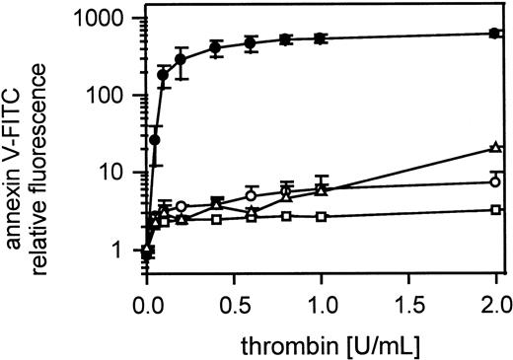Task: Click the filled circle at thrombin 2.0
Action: (494, 34)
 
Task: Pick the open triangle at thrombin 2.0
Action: (494, 148)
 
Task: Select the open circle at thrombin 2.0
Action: (494, 181)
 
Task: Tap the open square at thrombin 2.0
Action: (494, 210)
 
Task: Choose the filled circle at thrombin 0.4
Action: (216, 47)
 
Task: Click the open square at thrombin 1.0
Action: (321, 216)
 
